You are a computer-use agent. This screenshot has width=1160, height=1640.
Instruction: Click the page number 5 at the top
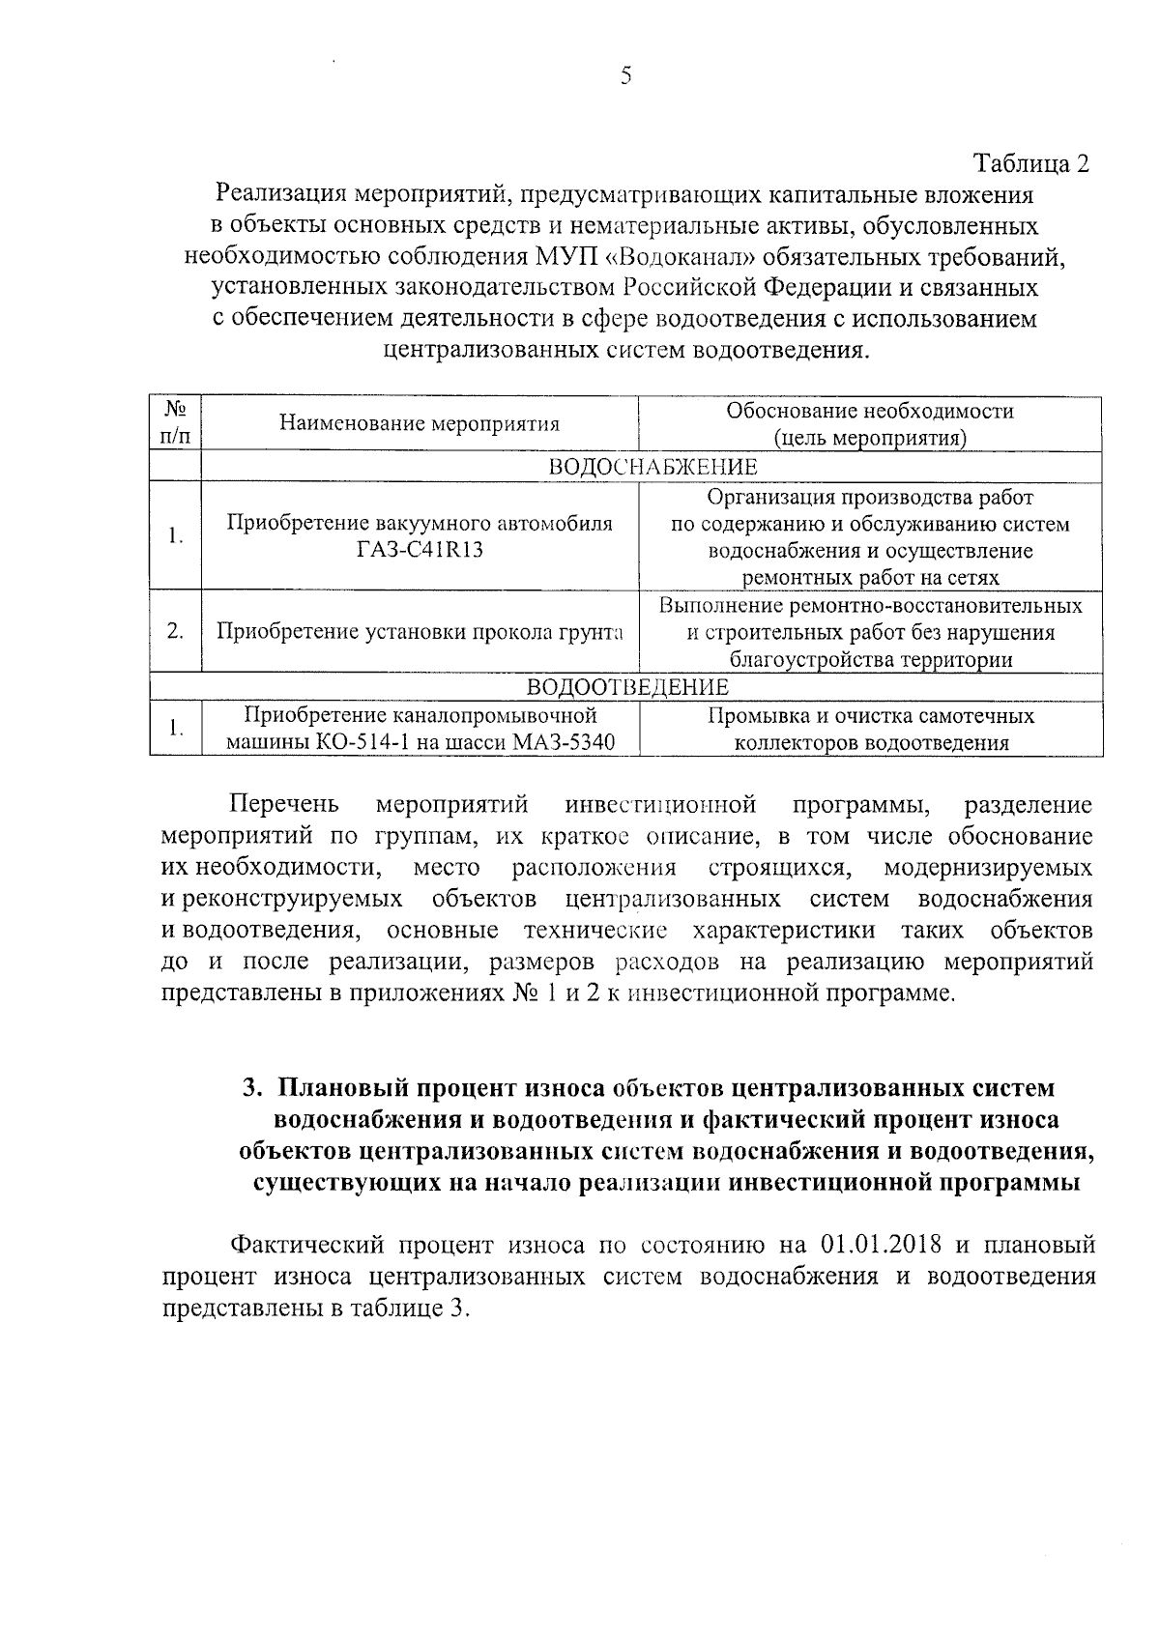tap(625, 76)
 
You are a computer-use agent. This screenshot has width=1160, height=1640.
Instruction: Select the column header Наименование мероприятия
tap(419, 424)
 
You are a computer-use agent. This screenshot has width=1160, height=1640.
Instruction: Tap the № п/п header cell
tap(175, 424)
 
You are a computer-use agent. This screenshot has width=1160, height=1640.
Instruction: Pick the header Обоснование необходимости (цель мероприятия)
tap(870, 424)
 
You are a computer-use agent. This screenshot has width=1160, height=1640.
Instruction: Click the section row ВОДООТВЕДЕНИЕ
tap(626, 687)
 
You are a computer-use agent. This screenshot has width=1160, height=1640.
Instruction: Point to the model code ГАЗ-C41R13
tap(420, 550)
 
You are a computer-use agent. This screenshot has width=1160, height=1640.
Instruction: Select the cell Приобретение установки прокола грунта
tap(419, 632)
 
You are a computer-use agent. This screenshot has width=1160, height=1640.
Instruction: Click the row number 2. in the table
tap(175, 632)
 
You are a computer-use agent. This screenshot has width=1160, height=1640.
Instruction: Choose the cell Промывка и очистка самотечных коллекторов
tap(870, 730)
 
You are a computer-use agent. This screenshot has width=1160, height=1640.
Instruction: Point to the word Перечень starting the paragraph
tap(284, 804)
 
